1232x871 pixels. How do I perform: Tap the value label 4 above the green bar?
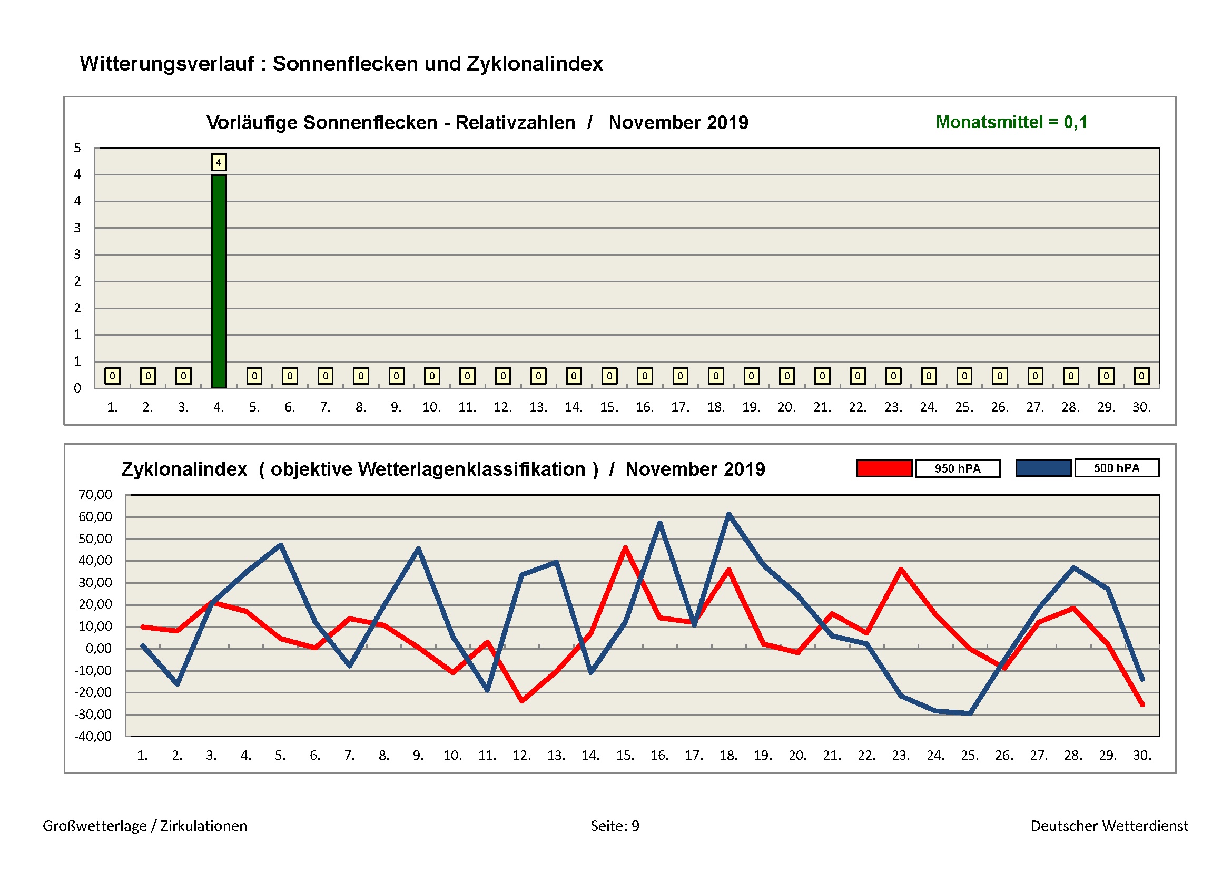(x=219, y=162)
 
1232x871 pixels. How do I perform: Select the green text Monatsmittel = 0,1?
(x=1011, y=122)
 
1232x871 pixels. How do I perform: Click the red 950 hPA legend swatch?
(x=884, y=468)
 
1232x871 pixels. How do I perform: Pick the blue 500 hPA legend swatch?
(x=1043, y=468)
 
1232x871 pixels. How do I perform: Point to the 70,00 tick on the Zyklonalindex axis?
(x=95, y=494)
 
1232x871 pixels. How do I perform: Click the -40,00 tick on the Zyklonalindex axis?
(x=93, y=736)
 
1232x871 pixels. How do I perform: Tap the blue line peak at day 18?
(x=728, y=514)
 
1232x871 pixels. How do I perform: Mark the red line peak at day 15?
(x=625, y=548)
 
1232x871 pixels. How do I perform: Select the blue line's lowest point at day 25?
(x=970, y=713)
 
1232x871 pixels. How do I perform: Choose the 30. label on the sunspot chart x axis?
(x=1141, y=407)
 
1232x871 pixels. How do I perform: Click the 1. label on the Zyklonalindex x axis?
(x=142, y=756)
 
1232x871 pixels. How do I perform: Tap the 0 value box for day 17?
(x=680, y=376)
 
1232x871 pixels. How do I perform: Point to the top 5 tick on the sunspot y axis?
(x=77, y=148)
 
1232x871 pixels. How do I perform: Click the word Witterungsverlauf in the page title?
(x=167, y=64)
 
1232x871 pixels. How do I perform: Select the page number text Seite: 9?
(x=615, y=826)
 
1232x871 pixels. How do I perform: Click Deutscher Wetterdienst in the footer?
(x=1109, y=826)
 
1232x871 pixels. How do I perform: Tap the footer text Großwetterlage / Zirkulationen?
(x=145, y=826)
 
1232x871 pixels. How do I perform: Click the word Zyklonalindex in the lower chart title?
(x=184, y=469)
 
